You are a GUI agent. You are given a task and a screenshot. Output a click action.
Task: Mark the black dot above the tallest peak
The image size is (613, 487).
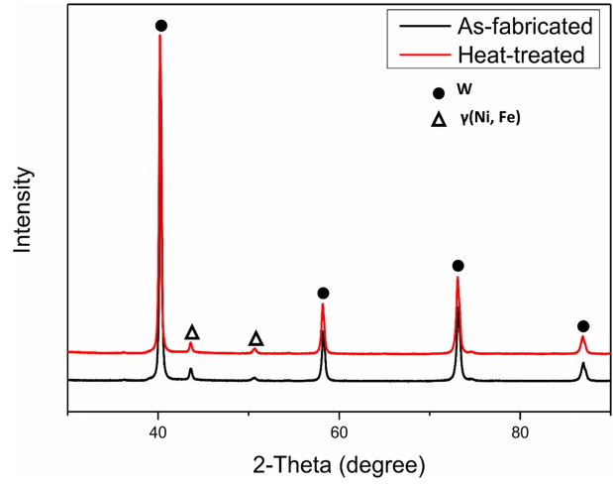tap(161, 26)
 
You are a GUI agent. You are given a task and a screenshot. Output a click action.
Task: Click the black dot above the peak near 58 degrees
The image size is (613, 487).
tap(323, 293)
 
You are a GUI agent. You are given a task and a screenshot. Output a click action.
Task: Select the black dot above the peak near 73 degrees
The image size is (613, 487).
tap(458, 266)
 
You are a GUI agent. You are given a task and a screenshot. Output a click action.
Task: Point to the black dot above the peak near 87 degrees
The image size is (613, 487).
tap(583, 326)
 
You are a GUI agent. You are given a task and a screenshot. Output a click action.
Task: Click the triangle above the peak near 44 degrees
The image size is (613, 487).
tap(192, 332)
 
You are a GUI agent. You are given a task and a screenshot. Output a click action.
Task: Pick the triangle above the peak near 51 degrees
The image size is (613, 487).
tap(255, 339)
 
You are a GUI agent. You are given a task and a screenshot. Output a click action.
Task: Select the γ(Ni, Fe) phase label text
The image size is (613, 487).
tap(490, 119)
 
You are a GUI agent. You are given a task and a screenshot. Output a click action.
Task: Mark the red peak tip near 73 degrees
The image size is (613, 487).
tap(458, 279)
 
